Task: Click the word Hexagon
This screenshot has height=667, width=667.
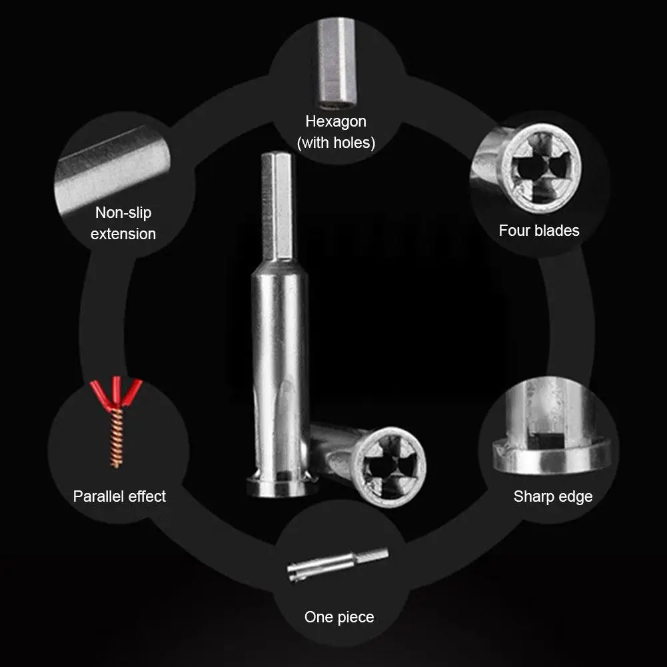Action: (336, 122)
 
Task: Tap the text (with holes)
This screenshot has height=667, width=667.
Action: (336, 143)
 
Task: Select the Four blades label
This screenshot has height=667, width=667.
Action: (539, 231)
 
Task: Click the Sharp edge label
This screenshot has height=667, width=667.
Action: (552, 496)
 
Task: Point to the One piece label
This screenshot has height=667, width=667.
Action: (339, 617)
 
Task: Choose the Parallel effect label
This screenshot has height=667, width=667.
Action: (119, 496)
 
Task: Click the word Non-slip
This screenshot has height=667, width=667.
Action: (123, 213)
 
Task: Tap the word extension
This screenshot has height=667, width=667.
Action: (123, 234)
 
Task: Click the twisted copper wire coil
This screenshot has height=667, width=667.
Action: (117, 436)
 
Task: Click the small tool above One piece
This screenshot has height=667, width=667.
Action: (338, 564)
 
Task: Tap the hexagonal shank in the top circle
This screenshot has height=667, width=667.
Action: (336, 63)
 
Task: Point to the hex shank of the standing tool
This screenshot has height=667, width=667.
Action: (277, 207)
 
